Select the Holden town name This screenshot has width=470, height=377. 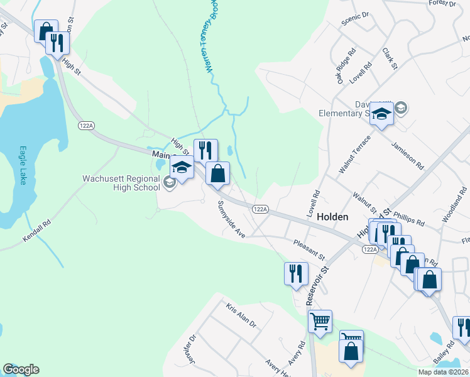coord(332,216)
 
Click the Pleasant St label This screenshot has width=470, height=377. coord(309,249)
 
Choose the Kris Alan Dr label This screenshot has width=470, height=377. coord(241,315)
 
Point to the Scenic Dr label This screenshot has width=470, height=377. coord(358,19)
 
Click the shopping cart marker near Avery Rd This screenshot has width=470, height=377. coord(320,322)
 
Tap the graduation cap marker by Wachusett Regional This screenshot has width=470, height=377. coord(182,168)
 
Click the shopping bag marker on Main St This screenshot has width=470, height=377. coord(217,173)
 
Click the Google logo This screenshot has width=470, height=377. coord(21,369)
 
